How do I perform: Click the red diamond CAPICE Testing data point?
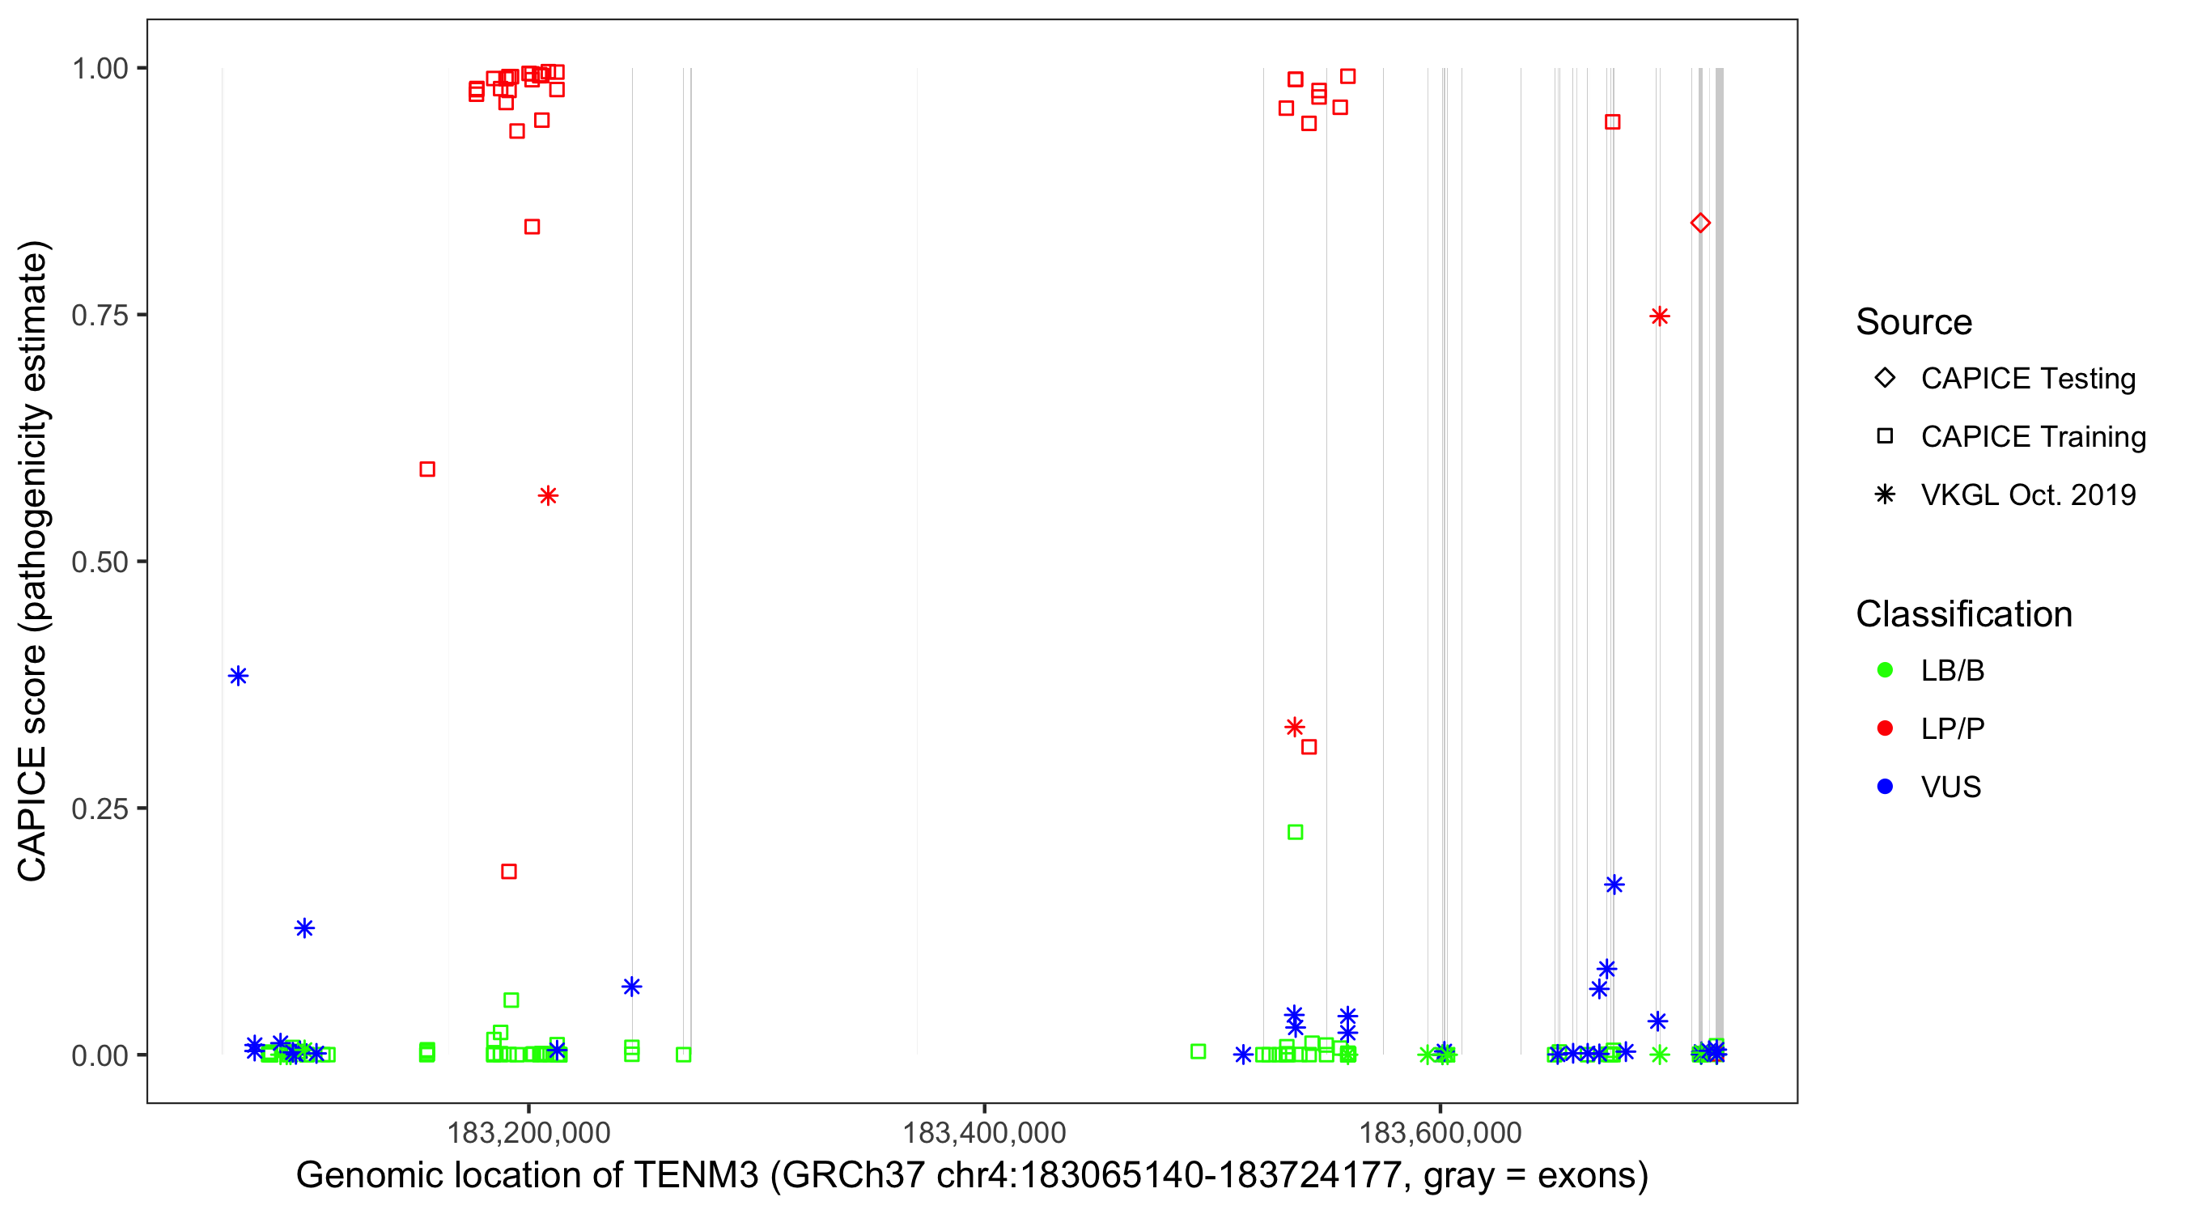1699,223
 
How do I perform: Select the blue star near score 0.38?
239,676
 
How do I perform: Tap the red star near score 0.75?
1659,316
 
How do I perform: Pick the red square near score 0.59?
427,469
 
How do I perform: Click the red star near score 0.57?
548,495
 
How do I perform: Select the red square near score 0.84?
532,227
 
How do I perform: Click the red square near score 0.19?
509,872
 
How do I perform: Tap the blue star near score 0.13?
304,928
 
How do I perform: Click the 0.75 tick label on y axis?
100,316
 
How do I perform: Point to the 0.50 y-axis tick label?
100,562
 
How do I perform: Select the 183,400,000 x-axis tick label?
984,1132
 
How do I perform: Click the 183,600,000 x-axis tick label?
1440,1132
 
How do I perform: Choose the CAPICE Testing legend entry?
2027,379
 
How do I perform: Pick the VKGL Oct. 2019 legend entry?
2027,495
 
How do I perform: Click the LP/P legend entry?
1952,728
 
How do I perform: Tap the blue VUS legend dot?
1885,787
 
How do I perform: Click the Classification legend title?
1963,614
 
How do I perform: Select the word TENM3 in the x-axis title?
695,1176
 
